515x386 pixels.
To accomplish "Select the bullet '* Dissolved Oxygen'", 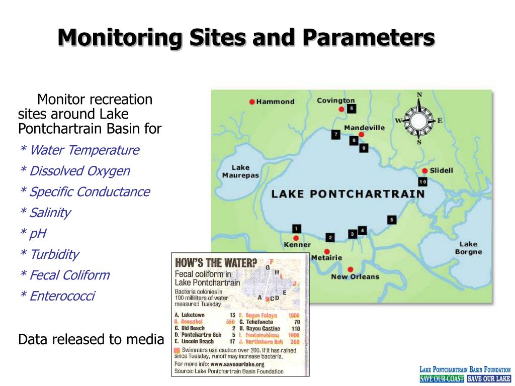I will pos(74,171).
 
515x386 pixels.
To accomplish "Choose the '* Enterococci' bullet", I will pos(57,296).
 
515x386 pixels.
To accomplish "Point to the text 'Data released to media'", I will pos(91,340).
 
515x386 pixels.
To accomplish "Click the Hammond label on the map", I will pos(275,102).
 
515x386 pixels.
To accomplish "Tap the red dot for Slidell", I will pos(424,170).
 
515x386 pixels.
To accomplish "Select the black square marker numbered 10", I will pos(422,181).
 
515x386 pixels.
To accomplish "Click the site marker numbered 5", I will pos(392,219).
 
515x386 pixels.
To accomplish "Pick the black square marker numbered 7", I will pos(336,134).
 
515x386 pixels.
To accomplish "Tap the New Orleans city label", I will pos(355,276).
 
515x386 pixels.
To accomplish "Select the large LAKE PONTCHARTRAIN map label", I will pos(348,194).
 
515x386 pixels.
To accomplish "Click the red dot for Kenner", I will pos(296,238).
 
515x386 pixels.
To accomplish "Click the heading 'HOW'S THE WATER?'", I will pos(216,263).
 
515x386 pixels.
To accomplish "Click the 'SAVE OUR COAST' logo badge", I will pos(442,379).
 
